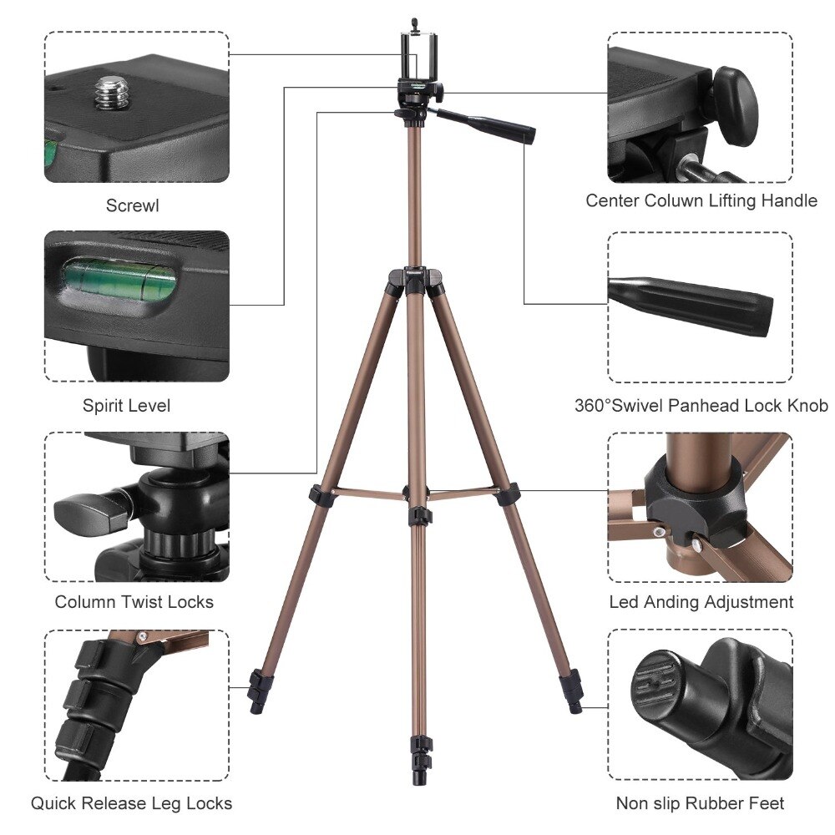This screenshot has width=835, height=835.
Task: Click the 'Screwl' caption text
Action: point(132,205)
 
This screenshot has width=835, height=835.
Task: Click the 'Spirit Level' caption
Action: point(126,406)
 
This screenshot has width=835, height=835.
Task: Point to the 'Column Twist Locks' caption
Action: point(134,602)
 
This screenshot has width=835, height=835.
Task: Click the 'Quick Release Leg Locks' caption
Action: point(132,803)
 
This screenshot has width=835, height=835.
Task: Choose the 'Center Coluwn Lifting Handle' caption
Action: point(701,200)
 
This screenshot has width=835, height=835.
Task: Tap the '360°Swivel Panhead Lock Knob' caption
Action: point(701,406)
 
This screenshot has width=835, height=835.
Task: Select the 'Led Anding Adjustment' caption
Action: point(701,602)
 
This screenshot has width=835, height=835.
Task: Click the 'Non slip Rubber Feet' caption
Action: point(701,803)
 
